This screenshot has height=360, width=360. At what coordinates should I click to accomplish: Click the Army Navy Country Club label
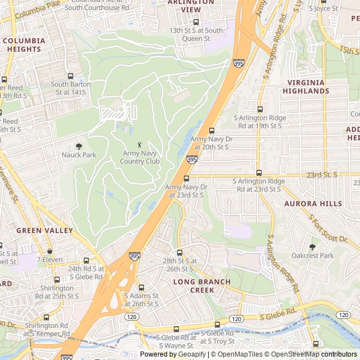[x=139, y=157]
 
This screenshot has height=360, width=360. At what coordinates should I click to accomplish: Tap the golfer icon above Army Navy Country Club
[x=139, y=145]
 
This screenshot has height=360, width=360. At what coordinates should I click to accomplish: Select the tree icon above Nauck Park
[x=79, y=146]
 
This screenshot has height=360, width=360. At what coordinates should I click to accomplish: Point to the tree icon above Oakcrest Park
[x=312, y=246]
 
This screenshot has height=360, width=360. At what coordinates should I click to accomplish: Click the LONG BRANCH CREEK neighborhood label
[x=202, y=285]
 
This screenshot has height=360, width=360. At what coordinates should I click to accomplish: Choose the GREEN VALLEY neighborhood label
[x=44, y=231]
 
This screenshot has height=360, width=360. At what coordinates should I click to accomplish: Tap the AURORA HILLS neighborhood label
[x=313, y=204]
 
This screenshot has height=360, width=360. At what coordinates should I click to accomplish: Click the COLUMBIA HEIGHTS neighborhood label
[x=24, y=45]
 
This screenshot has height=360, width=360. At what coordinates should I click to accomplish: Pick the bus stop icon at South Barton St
[x=70, y=76]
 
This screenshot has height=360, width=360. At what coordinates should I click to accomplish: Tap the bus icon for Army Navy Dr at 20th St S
[x=211, y=130]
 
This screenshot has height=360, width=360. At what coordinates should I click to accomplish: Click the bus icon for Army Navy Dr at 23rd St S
[x=186, y=179]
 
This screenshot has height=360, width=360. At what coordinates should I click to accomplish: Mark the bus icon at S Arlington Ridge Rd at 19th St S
[x=260, y=110]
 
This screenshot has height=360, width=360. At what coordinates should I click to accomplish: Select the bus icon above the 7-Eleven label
[x=50, y=251]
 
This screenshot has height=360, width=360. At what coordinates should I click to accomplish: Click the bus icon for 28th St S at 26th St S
[x=179, y=253]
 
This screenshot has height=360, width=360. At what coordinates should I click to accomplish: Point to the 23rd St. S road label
[x=322, y=175]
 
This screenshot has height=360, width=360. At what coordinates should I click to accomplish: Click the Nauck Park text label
[x=79, y=155]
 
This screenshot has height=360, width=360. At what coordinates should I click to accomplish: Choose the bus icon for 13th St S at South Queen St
[x=196, y=22]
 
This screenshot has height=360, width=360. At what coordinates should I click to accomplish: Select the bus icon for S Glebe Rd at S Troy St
[x=218, y=325]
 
